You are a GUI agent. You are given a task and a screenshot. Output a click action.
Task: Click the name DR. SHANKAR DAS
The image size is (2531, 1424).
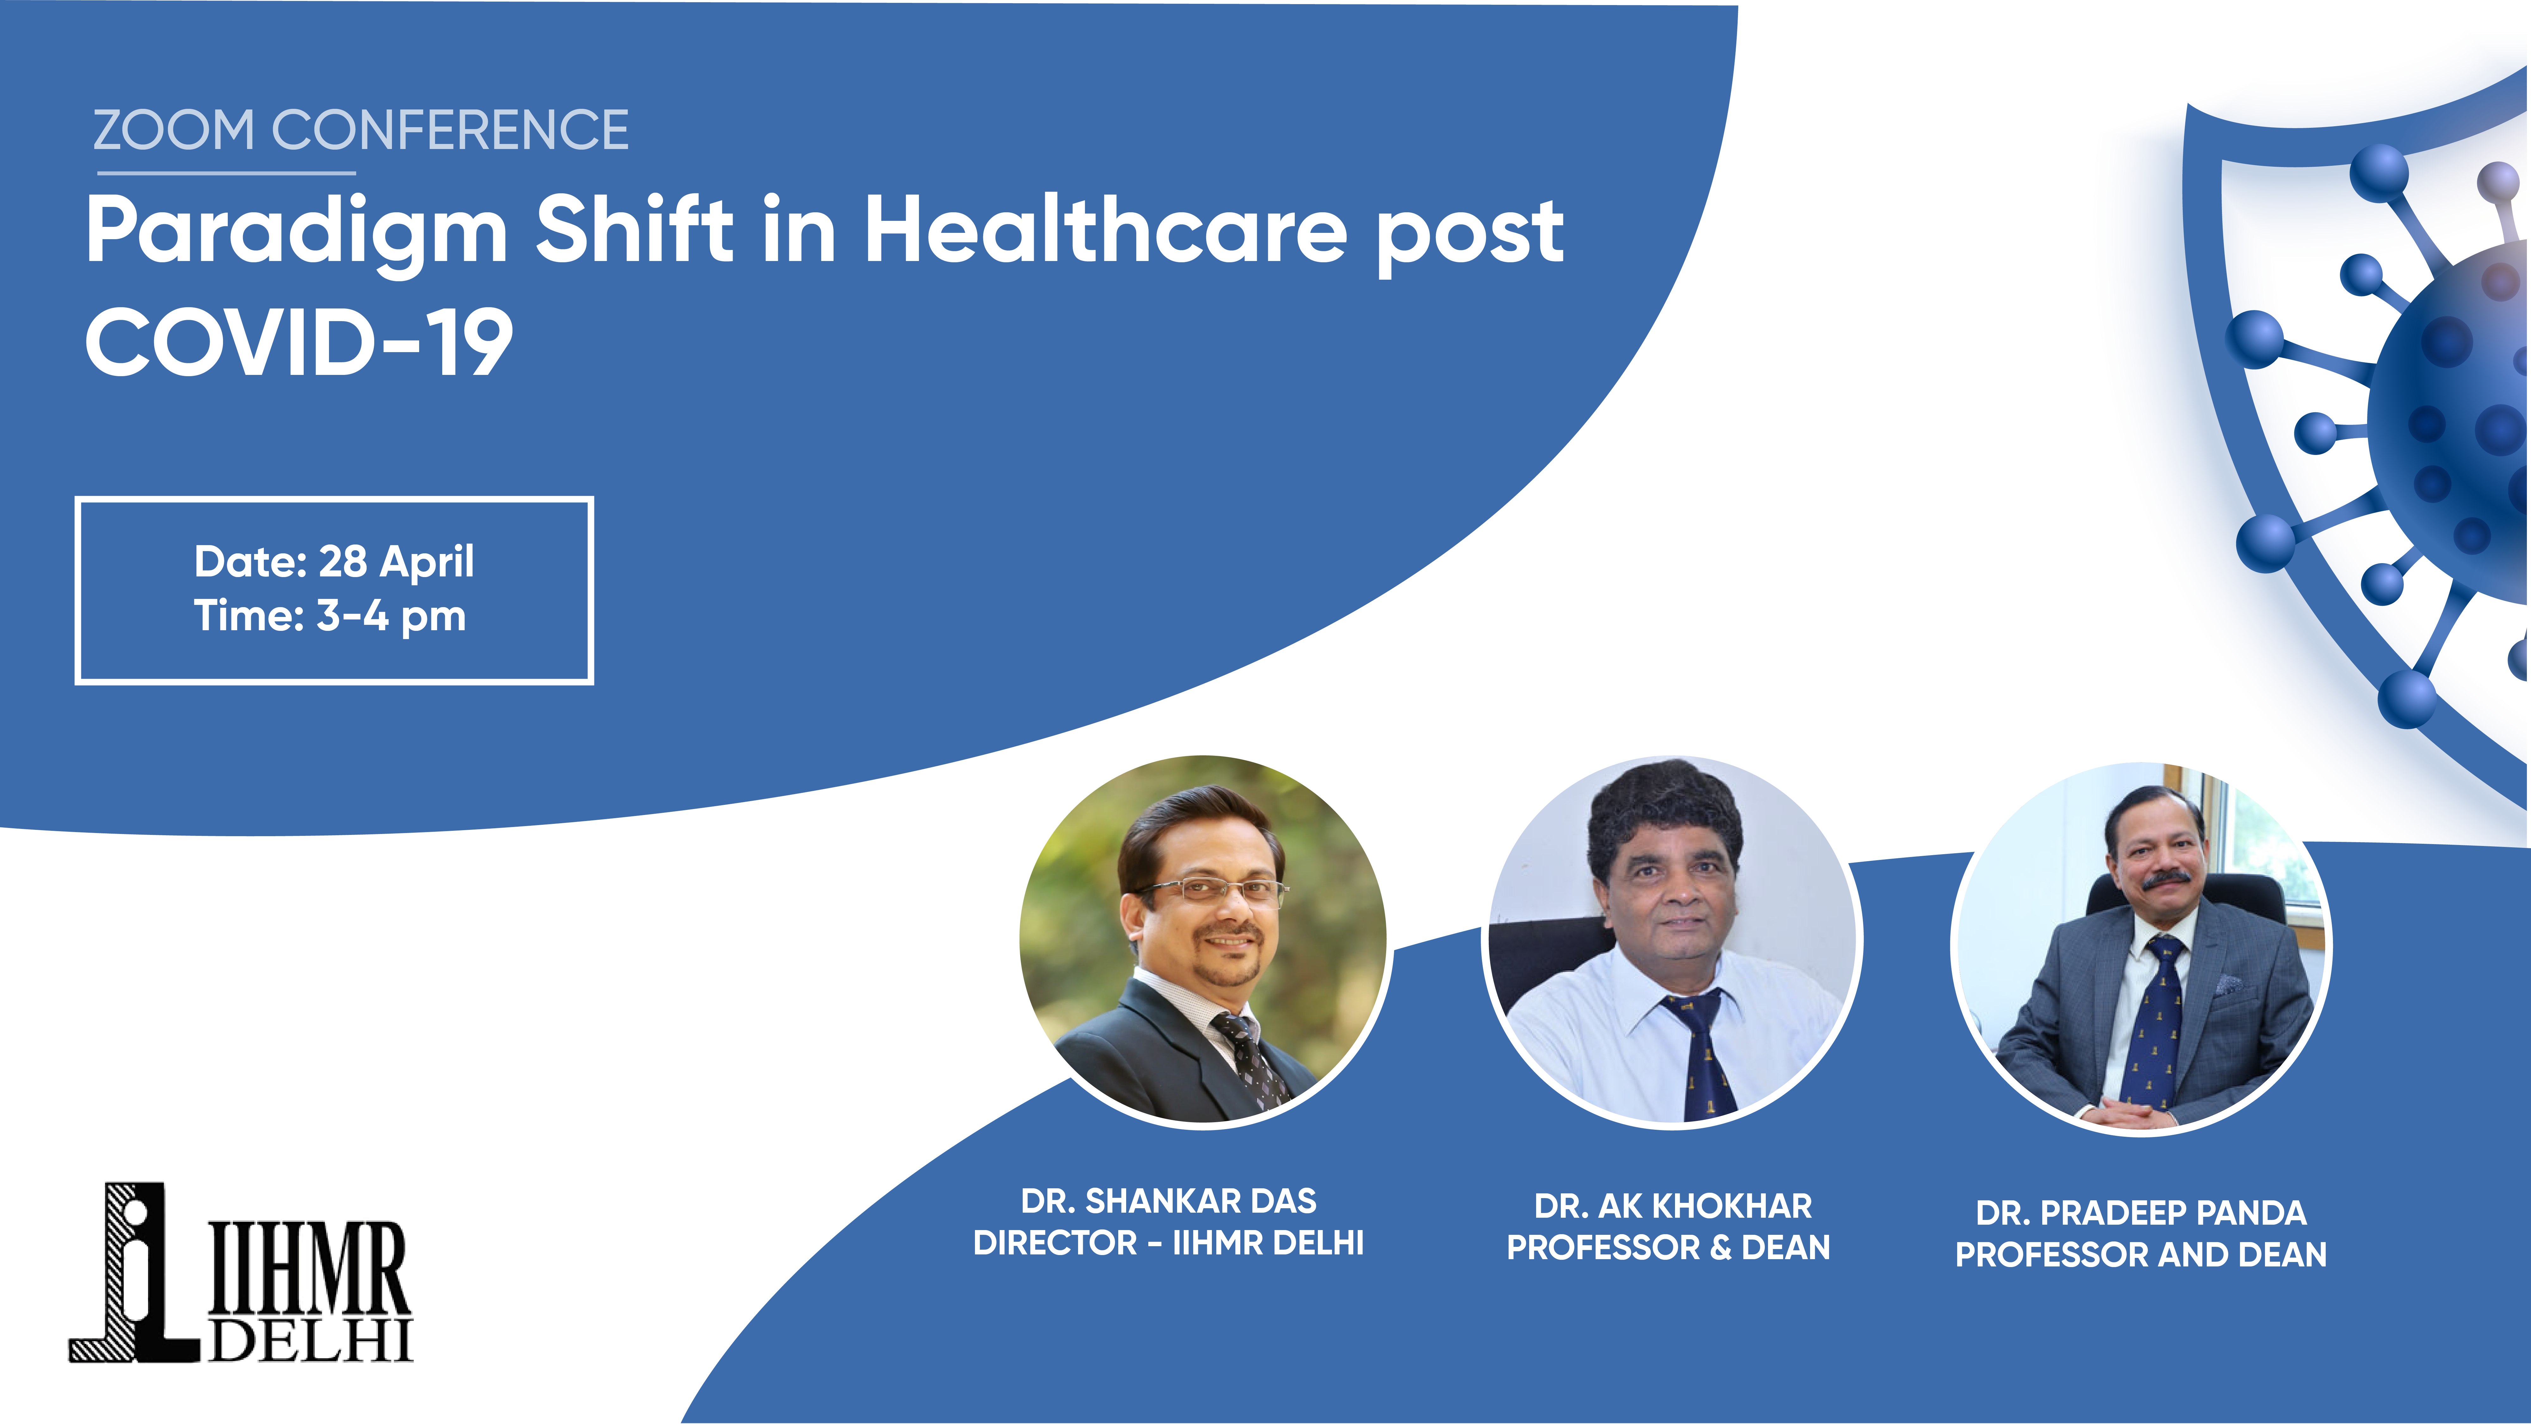tap(1168, 1201)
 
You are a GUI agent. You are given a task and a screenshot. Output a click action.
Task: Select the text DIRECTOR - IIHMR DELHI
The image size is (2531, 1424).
tap(1168, 1243)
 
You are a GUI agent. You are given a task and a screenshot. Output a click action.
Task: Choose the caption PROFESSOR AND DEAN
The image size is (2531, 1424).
tap(2141, 1255)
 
